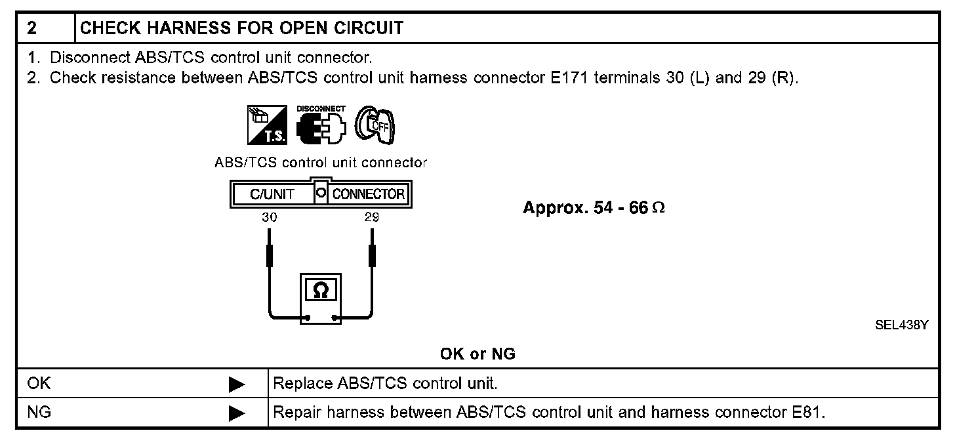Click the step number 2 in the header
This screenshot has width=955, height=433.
[31, 28]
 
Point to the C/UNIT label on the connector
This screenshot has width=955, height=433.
[272, 194]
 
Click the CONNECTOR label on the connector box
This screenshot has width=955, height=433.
[369, 194]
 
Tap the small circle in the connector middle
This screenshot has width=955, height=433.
[321, 194]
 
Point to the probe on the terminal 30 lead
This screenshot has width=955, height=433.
[269, 255]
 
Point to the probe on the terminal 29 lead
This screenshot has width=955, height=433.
[372, 255]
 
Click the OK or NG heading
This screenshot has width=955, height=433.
[477, 354]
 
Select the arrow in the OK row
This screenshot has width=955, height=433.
[237, 385]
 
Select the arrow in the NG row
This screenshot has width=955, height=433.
[237, 413]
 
